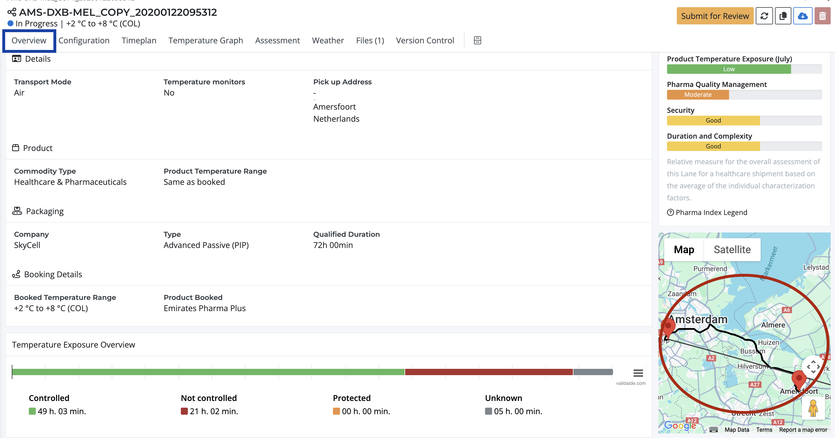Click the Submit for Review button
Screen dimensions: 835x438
[x=715, y=16]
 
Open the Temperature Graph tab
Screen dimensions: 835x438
[x=206, y=40]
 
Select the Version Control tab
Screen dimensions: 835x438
[x=425, y=40]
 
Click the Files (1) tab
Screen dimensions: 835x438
[x=370, y=40]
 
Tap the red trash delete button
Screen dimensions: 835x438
[x=822, y=16]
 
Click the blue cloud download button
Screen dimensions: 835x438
[x=803, y=16]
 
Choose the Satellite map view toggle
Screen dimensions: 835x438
[x=732, y=249]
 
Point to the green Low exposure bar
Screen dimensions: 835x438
[x=729, y=69]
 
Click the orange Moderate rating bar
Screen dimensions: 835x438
[x=698, y=95]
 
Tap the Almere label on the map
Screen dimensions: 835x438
[x=773, y=325]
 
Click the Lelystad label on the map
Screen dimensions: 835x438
[x=816, y=267]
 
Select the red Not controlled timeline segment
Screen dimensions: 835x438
[x=489, y=372]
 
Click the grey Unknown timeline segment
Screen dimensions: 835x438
[x=593, y=372]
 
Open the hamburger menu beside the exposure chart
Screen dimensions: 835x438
[x=638, y=373]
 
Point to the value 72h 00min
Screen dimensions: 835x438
[x=333, y=245]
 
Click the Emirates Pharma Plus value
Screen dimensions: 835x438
[x=204, y=309]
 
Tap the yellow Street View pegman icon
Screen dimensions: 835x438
[x=813, y=408]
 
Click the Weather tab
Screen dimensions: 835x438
[x=328, y=40]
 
